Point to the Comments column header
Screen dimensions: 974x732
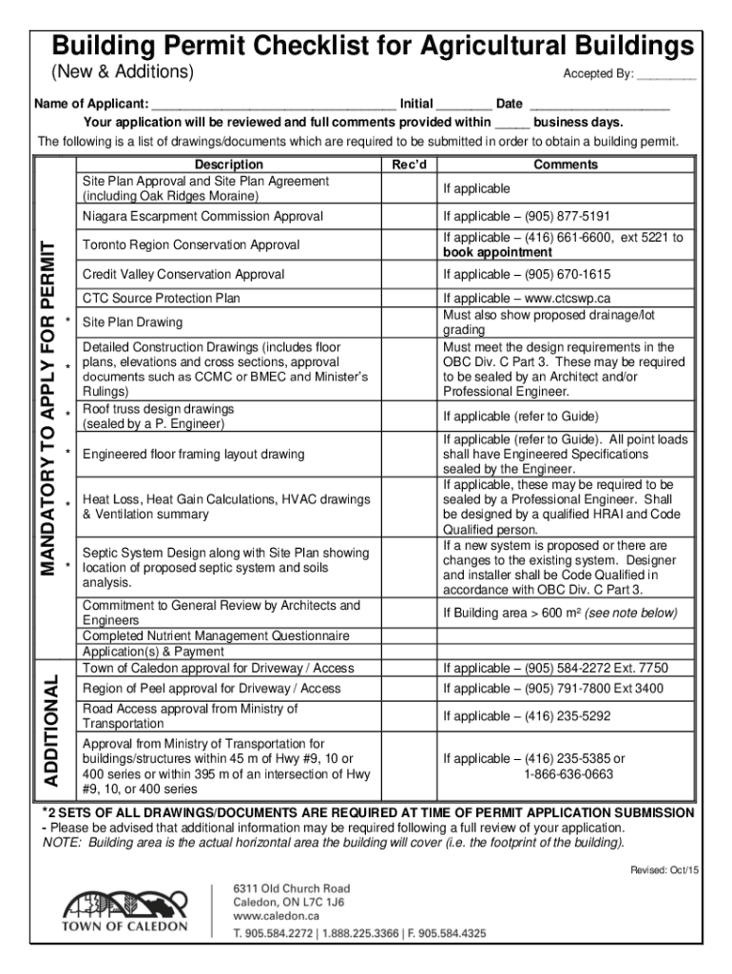(566, 165)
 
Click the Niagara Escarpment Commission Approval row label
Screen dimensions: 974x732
(202, 217)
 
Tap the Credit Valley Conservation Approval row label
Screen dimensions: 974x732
(183, 275)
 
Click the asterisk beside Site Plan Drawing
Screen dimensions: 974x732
(68, 320)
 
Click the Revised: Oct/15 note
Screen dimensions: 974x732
(665, 869)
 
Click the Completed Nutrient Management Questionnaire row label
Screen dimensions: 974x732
(216, 635)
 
